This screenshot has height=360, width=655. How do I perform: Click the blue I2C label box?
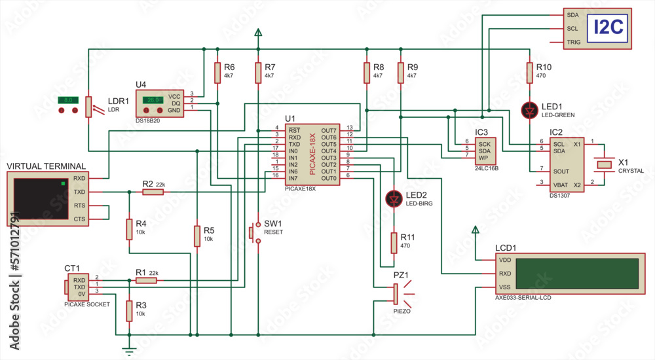coord(608,28)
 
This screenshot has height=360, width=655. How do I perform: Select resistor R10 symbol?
coord(530,73)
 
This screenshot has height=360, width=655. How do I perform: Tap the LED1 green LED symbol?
coord(530,110)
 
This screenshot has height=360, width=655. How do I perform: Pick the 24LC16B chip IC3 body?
coord(485,150)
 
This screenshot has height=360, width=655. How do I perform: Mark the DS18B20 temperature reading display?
coord(153,100)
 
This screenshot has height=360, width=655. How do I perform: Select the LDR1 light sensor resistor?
coord(88,106)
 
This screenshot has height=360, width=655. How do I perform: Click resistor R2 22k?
coord(153,192)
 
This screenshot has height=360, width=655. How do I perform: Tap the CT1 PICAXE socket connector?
coord(67,285)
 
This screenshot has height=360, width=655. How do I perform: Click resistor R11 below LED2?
coord(394,243)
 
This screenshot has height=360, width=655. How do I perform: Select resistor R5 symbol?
coord(196,236)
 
